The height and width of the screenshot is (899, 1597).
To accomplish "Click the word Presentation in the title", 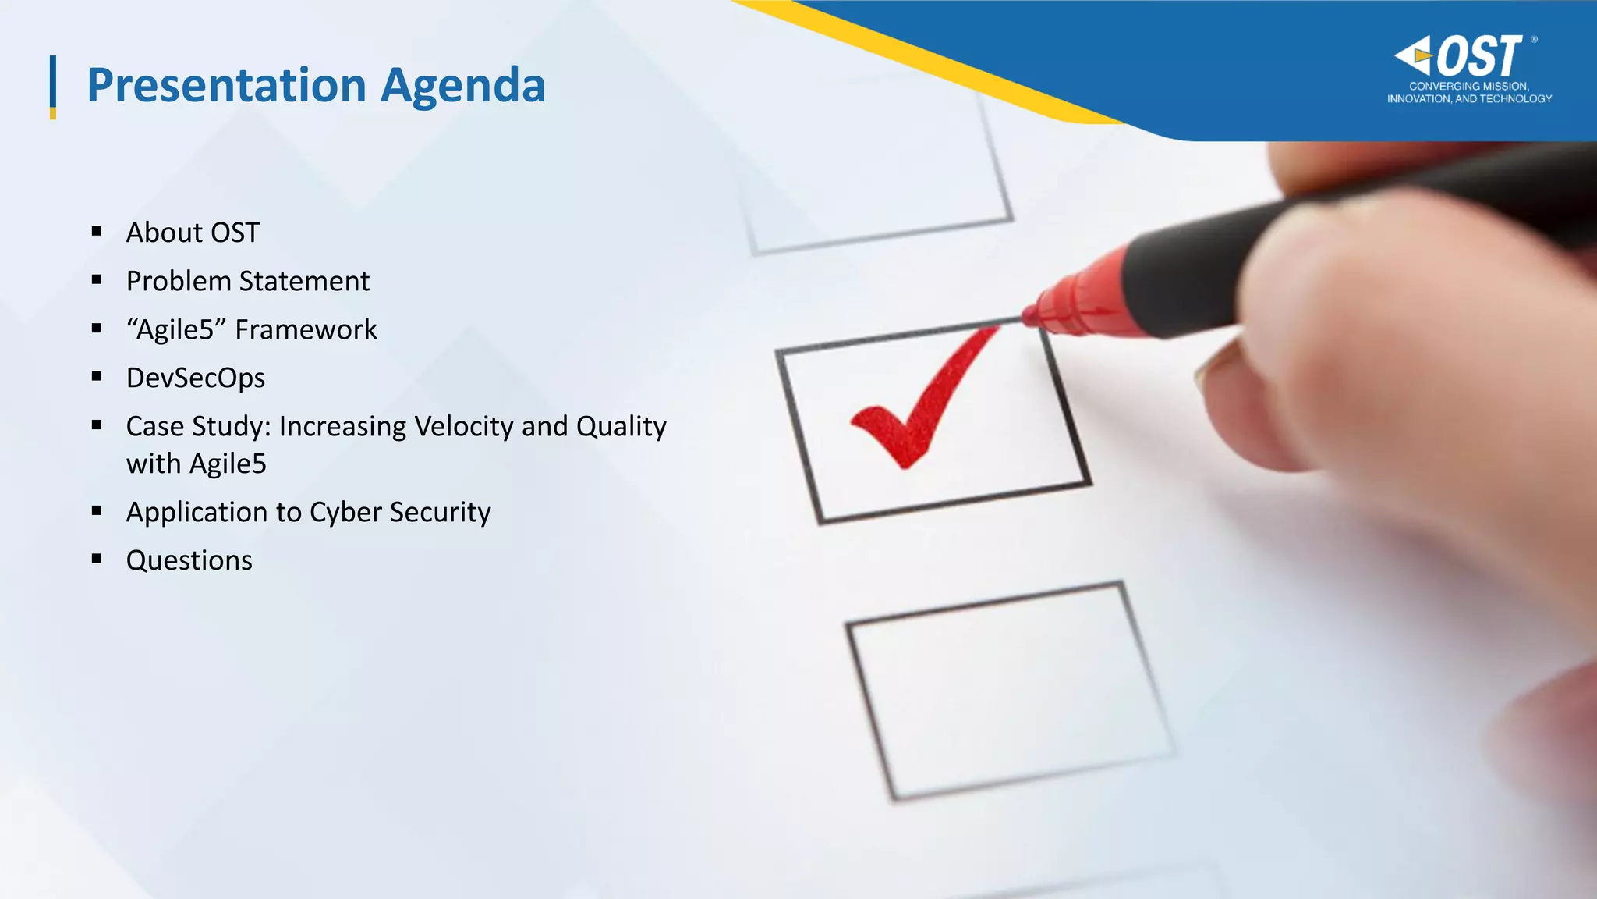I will tap(226, 85).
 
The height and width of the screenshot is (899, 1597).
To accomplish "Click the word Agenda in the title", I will tap(462, 87).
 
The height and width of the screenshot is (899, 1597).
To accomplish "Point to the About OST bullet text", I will tap(193, 233).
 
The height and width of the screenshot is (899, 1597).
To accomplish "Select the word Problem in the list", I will tap(179, 281).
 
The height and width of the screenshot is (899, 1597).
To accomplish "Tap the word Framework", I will tap(306, 329).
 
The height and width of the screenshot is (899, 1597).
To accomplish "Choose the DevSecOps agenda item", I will tap(196, 378).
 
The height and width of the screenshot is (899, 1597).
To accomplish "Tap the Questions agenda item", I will tap(189, 560).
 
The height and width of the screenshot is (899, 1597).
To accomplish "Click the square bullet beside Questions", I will tap(97, 559).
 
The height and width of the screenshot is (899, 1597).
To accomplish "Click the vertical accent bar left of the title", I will tap(53, 87).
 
